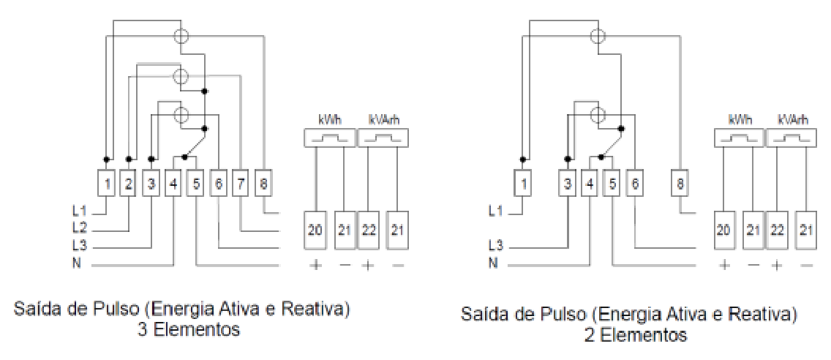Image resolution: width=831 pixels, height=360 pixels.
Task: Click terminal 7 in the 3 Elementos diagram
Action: [241, 184]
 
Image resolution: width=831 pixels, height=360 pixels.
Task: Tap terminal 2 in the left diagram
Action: [128, 184]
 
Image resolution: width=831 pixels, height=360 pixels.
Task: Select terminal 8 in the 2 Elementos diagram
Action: [680, 184]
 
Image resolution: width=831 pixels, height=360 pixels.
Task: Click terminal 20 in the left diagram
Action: [315, 230]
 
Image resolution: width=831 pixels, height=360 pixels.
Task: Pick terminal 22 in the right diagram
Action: [776, 230]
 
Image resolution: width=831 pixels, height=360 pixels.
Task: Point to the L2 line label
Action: [79, 228]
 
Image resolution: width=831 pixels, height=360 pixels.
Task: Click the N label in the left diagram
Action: [78, 263]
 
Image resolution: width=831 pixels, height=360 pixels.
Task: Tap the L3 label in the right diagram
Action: [495, 245]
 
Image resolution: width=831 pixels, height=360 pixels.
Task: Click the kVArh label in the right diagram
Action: [793, 121]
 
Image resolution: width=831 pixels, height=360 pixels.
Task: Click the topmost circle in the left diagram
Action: [181, 36]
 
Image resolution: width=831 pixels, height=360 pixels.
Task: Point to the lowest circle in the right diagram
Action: [598, 113]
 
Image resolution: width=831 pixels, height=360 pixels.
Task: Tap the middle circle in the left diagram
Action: [181, 76]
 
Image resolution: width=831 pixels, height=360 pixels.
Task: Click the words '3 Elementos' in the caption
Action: [188, 330]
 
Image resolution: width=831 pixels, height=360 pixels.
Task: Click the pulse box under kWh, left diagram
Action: [329, 138]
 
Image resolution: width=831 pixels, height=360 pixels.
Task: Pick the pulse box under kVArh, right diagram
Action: [789, 138]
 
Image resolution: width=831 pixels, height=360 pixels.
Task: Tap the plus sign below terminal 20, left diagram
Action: [315, 263]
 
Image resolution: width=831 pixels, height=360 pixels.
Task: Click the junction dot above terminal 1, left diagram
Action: [106, 159]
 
